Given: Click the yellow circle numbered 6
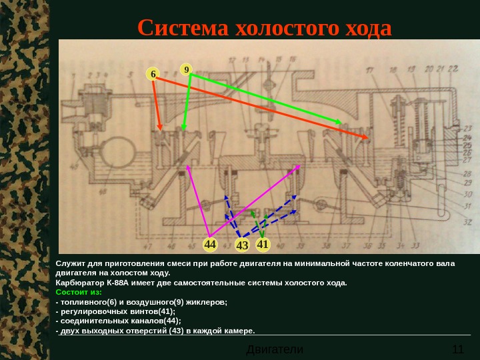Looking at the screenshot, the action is (x=153, y=75).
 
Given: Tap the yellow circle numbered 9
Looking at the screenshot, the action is (x=187, y=69).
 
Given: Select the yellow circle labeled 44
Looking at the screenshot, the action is (x=211, y=245).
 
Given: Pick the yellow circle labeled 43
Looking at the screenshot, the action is (x=241, y=245).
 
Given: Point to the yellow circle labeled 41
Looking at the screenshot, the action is (x=262, y=245).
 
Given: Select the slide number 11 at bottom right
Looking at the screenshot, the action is (x=457, y=349).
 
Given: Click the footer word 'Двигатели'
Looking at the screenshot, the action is (x=275, y=349).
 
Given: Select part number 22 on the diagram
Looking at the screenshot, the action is (x=453, y=69).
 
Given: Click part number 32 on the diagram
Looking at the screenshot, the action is (x=467, y=222).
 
